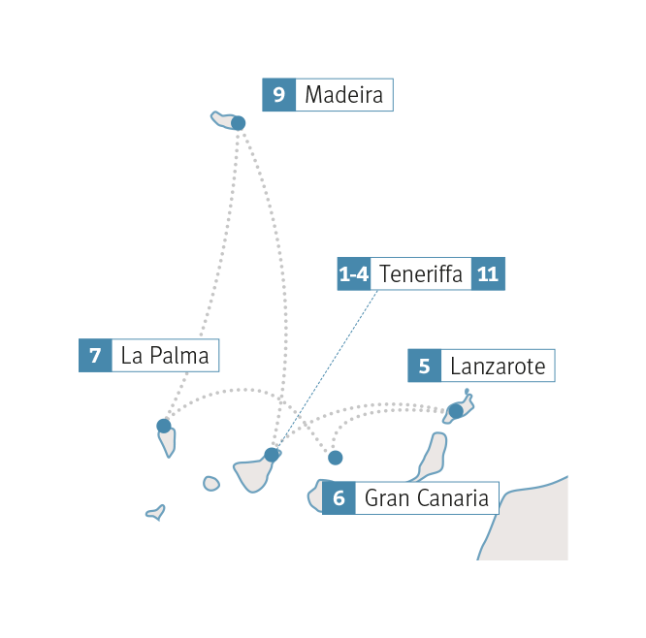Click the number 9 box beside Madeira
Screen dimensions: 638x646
click(x=278, y=95)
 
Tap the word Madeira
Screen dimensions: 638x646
click(x=343, y=95)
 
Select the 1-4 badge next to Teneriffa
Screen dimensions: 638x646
click(x=353, y=274)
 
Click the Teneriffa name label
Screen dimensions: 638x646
click(x=421, y=274)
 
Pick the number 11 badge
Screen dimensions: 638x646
click(x=488, y=274)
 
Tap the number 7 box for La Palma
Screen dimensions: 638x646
click(x=95, y=356)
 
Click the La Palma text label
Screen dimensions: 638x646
click(x=165, y=356)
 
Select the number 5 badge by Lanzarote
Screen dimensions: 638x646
click(x=424, y=367)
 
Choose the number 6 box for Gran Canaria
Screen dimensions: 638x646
click(x=339, y=499)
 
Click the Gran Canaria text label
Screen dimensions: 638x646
click(x=426, y=499)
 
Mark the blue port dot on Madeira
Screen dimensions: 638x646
click(x=239, y=123)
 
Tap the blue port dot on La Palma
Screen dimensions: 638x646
click(x=164, y=425)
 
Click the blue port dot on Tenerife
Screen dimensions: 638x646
click(x=272, y=454)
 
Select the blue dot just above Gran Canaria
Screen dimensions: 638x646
click(x=336, y=458)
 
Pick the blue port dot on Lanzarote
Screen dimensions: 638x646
click(x=455, y=412)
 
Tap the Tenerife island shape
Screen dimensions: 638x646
click(x=255, y=474)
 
